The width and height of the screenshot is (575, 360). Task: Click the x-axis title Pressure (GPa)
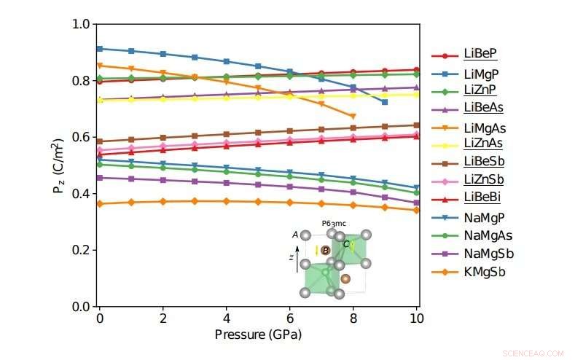click(258, 335)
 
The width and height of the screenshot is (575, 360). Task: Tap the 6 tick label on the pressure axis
click(290, 320)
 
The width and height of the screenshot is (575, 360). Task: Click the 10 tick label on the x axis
click(416, 320)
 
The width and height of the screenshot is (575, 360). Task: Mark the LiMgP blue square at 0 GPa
click(100, 49)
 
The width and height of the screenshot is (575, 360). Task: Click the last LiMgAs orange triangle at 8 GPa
click(353, 117)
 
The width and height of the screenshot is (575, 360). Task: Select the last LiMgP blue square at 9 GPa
click(385, 102)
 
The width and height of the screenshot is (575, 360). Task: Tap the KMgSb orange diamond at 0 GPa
click(100, 204)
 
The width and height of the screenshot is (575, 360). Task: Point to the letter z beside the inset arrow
click(291, 257)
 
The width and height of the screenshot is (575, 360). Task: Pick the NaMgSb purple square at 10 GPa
click(416, 203)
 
